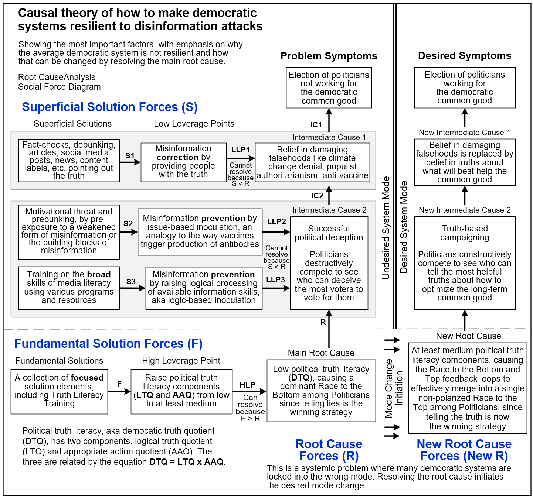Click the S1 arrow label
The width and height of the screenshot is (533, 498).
[130, 156]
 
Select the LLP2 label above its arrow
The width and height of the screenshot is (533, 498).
[276, 221]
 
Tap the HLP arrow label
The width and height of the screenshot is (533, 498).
[247, 385]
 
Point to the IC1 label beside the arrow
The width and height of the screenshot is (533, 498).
[316, 125]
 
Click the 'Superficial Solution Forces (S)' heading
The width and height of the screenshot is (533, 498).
[110, 107]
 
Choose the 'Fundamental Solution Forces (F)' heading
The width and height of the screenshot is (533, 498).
[108, 344]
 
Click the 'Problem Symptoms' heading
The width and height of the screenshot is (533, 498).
[329, 56]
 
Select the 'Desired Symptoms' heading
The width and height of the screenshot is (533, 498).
[465, 56]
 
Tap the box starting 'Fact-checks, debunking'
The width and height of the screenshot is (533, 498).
[69, 161]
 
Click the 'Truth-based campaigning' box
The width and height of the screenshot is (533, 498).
[465, 263]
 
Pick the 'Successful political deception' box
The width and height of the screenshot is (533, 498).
[329, 263]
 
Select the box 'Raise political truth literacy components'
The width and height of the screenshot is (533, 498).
[181, 392]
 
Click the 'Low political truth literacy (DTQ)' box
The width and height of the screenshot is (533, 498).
[321, 391]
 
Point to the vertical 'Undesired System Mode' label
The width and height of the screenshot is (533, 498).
[386, 228]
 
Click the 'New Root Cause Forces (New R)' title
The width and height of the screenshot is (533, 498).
[464, 450]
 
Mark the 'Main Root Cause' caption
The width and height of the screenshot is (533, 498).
[321, 353]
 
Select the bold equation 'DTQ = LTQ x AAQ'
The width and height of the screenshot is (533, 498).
[186, 462]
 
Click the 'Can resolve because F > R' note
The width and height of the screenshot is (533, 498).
[250, 408]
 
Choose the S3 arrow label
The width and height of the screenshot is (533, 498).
[131, 282]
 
